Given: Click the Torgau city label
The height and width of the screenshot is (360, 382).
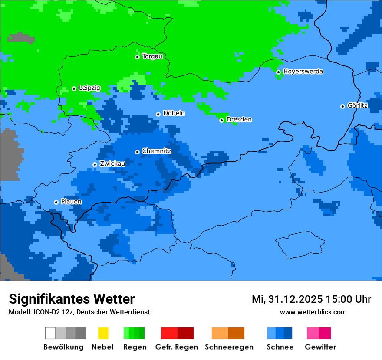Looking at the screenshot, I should pos(152,56).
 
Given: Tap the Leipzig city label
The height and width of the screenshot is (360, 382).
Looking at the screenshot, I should pos(89,88).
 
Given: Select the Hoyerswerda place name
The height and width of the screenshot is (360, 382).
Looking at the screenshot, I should pos(303,72).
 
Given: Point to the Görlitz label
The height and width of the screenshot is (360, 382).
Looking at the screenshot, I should pos(358,106).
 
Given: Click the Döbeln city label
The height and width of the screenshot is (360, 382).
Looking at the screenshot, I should pos(174,114).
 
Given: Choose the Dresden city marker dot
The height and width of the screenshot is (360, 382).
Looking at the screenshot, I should pos(221,120).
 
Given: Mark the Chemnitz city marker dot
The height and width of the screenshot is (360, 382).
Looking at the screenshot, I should pos(137,152).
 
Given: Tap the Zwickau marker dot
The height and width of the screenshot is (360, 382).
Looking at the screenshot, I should pos(95,164).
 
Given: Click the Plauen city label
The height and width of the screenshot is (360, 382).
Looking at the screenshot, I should pos(71,202).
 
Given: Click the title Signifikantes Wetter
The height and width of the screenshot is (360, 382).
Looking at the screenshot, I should pos(72,299).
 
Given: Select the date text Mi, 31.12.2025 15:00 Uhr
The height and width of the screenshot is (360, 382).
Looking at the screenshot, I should pos(311,299).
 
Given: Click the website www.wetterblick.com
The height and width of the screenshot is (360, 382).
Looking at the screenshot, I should pos(313,312).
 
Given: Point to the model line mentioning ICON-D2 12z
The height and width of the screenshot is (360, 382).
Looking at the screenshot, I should pos(79,312).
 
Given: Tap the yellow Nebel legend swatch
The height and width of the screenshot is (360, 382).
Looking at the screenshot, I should pos(103,333).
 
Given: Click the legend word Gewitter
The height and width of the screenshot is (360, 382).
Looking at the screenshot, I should pos(320,347).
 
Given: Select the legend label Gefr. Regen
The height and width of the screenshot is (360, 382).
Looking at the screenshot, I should pos(177,347).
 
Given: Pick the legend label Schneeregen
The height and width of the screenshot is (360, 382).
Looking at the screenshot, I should pos(229,347).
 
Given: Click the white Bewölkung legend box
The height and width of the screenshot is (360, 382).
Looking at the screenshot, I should pos(50,333).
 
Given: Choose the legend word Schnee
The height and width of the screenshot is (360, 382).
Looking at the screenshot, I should pos(280,347).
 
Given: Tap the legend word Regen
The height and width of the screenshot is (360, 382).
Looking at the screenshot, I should pos(134,347).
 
